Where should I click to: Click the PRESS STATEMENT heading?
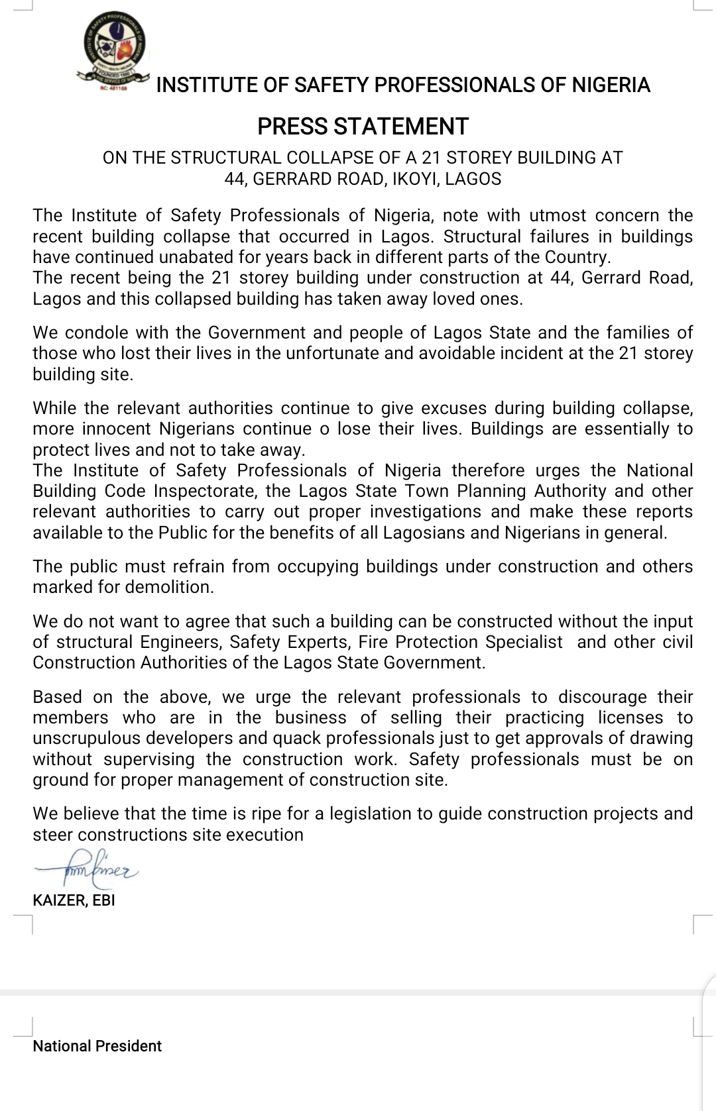point(363,126)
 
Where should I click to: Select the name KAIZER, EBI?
point(74,900)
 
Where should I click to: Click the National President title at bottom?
point(97,1046)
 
